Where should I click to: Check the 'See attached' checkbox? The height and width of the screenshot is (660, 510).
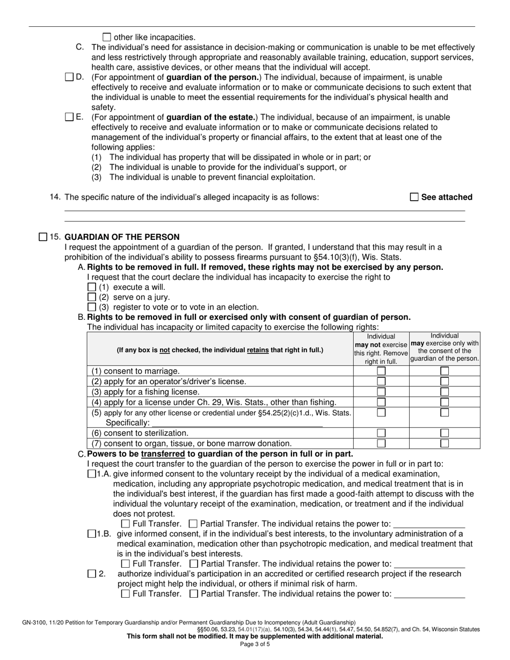click(414, 197)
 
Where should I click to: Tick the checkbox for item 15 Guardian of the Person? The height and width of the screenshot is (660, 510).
click(43, 237)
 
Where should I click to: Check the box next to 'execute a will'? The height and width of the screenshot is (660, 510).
click(91, 287)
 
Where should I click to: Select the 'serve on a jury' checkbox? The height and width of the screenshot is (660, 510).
click(91, 297)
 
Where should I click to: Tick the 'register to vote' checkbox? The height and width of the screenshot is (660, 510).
click(91, 307)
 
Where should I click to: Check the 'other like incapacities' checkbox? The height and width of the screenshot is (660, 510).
click(106, 37)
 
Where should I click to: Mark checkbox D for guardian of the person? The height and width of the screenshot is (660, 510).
click(69, 77)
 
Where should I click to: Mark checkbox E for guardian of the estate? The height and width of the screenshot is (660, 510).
click(69, 117)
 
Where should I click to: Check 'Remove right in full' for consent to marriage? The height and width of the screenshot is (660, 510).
click(381, 371)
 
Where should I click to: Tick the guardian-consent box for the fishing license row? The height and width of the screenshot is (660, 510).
click(445, 392)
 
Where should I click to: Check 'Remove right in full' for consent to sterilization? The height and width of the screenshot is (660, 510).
click(381, 433)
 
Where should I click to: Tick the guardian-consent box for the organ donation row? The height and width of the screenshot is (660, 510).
click(445, 443)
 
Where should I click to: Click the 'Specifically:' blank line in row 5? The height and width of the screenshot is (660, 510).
click(236, 423)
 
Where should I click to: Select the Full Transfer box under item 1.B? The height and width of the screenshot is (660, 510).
click(126, 564)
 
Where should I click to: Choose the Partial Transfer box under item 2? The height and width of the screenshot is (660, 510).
click(194, 594)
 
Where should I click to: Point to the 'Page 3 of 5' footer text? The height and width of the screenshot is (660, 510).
click(255, 644)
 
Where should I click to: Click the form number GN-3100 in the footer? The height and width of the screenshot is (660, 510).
click(37, 622)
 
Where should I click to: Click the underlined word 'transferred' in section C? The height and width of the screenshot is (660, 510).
click(163, 454)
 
